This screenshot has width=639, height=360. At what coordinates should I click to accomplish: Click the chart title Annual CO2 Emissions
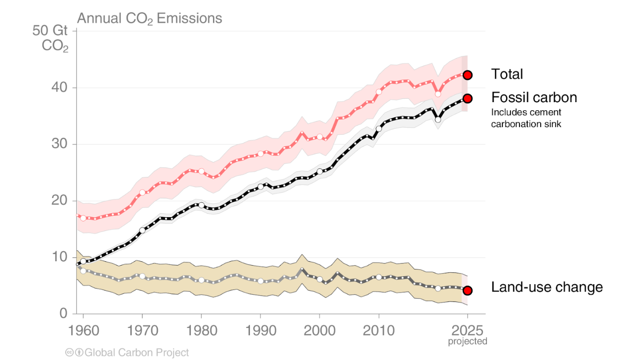pos(150,19)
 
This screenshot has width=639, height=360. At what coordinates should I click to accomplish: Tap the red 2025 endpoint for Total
pos(468,75)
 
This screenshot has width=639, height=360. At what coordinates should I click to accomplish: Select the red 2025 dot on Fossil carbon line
pos(468,98)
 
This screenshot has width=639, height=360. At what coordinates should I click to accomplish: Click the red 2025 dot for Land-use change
pos(468,290)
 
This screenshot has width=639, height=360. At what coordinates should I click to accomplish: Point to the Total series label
pos(507,74)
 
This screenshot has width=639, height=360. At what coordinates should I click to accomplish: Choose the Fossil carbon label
pos(534,98)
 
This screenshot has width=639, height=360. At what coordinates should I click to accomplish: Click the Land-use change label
pos(546,288)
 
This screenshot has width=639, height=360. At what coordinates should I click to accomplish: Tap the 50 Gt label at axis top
pos(50,32)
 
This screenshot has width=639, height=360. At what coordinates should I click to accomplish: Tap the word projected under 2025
pos(468,341)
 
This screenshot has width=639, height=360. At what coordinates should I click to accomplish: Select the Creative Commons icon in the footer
pos(69,353)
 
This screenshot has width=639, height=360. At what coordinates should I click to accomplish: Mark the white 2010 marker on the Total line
pos(379,92)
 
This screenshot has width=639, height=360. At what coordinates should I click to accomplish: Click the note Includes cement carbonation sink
pos(526,118)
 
